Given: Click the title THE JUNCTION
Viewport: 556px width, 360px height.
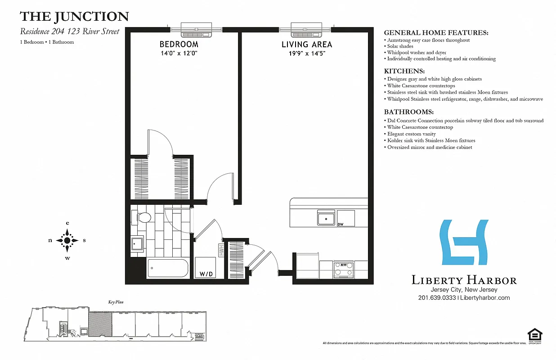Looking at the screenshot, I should click(74, 17).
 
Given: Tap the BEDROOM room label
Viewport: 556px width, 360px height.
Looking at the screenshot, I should click(179, 45).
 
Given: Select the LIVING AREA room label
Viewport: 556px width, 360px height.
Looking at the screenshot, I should click(307, 45).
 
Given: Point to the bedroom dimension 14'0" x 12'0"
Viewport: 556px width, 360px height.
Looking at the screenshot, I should click(179, 53).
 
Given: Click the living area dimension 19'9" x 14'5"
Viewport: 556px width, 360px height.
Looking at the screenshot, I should click(307, 53).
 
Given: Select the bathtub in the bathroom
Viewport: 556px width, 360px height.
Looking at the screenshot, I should click(168, 269).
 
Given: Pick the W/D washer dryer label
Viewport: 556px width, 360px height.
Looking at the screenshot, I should click(206, 274).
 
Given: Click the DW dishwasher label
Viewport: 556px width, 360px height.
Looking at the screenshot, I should click(341, 224).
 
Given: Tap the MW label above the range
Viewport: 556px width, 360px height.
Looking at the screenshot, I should click(343, 265).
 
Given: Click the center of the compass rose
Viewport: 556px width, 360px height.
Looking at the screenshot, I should click(67, 241).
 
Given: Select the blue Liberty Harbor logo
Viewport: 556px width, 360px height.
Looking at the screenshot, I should click(464, 242).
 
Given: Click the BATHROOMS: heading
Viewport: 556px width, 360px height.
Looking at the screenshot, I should click(408, 112).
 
